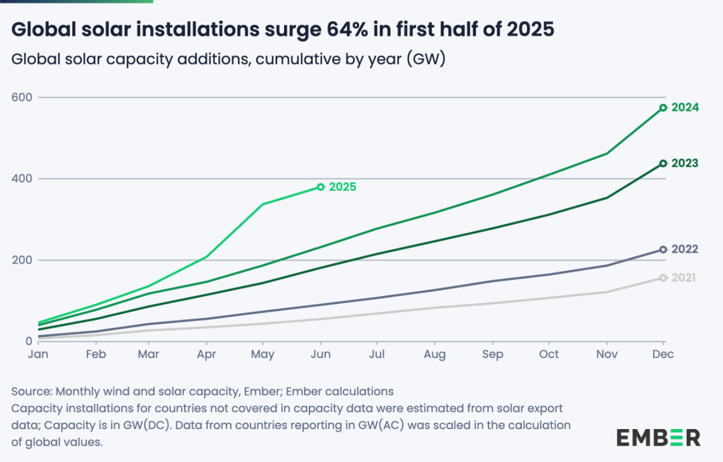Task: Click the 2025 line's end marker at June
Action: point(321,187)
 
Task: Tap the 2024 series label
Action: point(685,108)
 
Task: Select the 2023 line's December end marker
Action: point(663,164)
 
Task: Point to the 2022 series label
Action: point(685,250)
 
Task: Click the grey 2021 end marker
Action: point(663,278)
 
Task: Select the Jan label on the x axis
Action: point(37,355)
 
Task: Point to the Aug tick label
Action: point(435,355)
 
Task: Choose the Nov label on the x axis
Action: point(606,355)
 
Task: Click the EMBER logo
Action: point(658,437)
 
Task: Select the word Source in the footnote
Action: point(31,391)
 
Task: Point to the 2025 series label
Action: point(342,187)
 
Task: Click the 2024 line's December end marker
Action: point(663,108)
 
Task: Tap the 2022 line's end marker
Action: point(663,250)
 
